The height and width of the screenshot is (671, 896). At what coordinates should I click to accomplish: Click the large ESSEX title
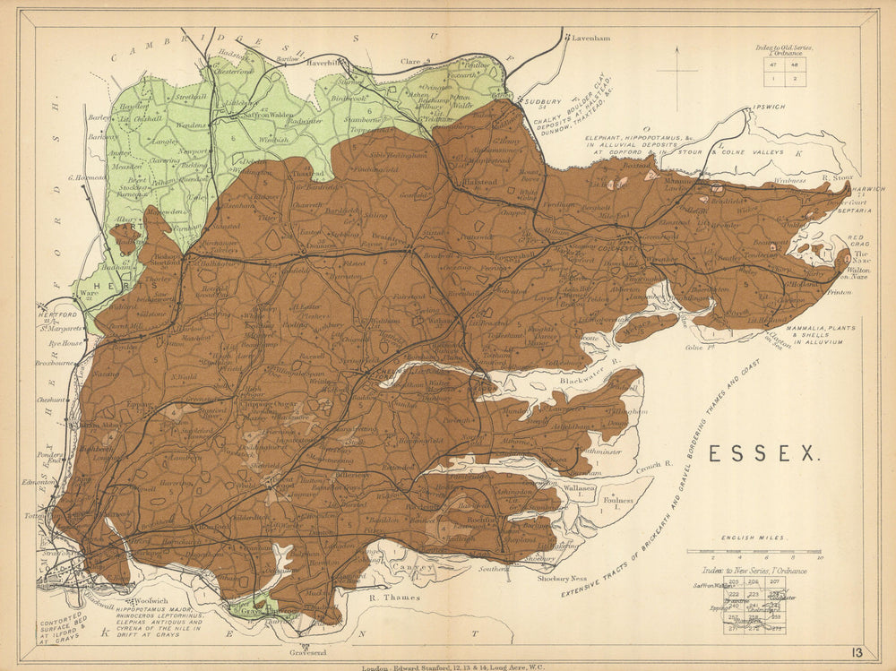coord(763,454)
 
